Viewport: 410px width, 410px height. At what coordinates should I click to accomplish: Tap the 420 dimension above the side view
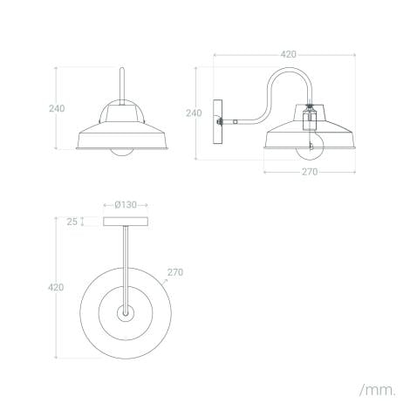(287, 54)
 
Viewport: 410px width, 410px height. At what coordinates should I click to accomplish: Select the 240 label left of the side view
(194, 113)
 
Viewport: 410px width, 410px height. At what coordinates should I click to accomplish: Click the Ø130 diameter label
(126, 205)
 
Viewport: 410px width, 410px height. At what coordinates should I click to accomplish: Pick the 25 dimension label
(72, 222)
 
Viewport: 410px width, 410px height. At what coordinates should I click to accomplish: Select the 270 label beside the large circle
(174, 271)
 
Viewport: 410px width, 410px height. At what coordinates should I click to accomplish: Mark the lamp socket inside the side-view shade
(308, 120)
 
